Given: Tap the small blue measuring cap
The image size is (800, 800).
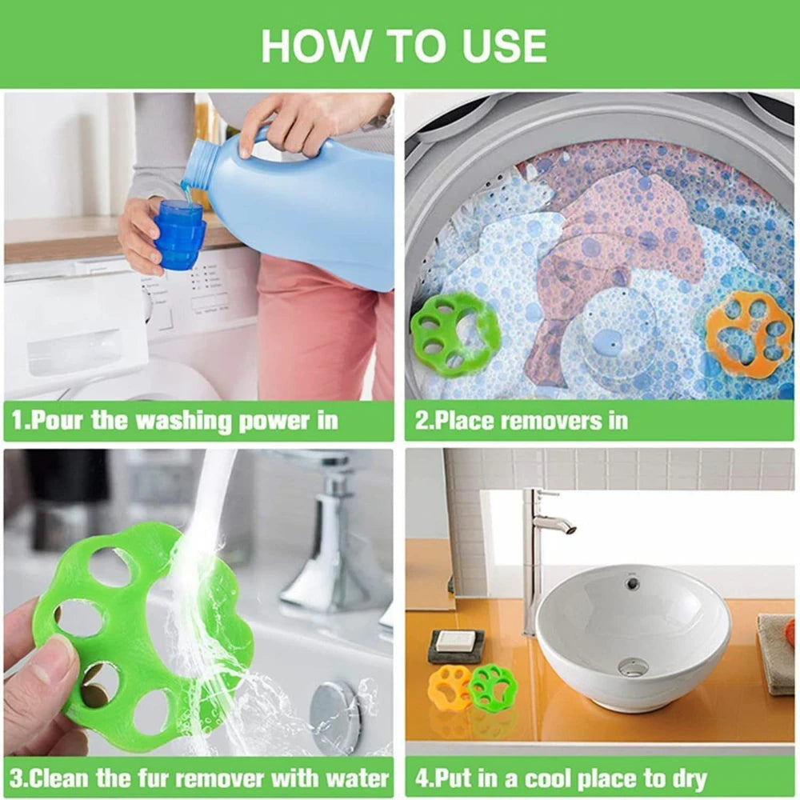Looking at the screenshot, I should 179,235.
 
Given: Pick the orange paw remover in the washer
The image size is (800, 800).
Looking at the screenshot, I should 749,333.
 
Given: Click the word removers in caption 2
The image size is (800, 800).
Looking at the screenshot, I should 542,421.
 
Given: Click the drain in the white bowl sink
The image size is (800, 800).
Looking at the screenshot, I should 634,666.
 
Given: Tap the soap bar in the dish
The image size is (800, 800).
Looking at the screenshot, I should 456,641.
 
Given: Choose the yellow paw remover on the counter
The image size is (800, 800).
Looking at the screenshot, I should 449,687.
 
